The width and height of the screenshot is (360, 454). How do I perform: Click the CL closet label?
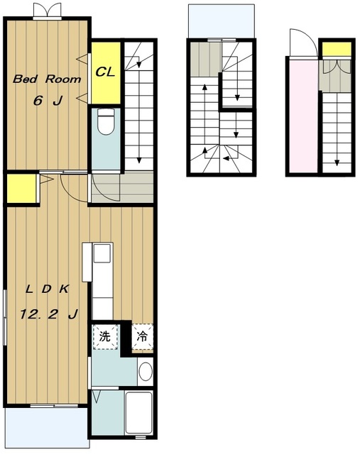105,72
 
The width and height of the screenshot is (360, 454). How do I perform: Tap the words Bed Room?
47,79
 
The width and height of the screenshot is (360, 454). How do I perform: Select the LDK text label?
48,289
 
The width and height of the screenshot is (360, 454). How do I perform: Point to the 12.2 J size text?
49,314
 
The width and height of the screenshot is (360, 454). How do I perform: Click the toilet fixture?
106,121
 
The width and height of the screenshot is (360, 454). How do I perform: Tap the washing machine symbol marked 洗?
105,337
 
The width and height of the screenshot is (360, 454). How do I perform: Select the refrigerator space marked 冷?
142,337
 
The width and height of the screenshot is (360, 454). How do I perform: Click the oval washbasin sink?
146,371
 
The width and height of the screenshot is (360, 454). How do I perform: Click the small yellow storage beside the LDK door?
22,189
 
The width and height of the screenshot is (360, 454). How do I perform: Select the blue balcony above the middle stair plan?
222,21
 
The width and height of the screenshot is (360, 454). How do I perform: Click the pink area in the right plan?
303,116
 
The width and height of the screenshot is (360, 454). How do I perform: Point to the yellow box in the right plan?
337,49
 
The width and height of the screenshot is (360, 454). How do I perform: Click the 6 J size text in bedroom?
48,101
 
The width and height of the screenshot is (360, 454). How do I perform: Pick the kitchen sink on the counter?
102,253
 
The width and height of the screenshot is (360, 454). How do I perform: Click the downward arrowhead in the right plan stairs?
337,162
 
